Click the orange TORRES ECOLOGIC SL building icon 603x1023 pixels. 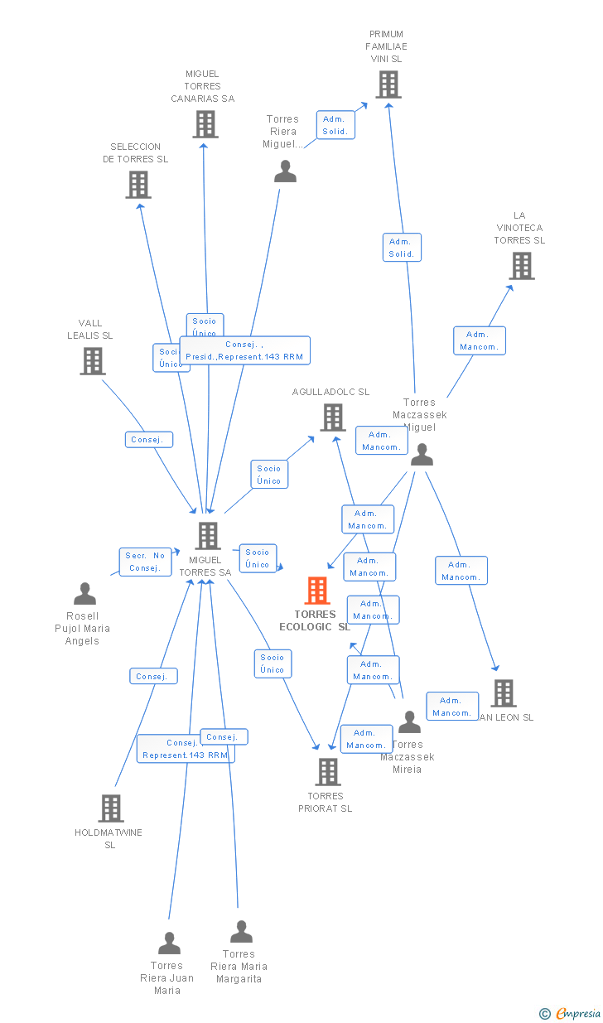(x=317, y=591)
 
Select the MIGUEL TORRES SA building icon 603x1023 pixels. (x=207, y=536)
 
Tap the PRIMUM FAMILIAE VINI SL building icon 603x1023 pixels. (x=388, y=84)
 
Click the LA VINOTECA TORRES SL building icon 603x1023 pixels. (x=521, y=266)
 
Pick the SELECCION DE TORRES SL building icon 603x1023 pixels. (x=138, y=185)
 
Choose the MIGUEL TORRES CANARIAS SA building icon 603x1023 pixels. (x=205, y=124)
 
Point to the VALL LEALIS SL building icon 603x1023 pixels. (x=92, y=361)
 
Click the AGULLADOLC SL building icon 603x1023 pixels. (x=332, y=417)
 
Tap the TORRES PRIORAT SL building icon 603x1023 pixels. (x=327, y=772)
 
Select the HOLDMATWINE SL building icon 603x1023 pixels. (x=111, y=808)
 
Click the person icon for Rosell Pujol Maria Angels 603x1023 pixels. (x=84, y=594)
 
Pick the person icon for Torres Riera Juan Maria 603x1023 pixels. (x=169, y=943)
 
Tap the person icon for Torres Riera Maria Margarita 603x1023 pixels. (x=241, y=932)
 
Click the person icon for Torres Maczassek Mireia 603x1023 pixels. (x=409, y=722)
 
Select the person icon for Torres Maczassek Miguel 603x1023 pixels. (x=422, y=455)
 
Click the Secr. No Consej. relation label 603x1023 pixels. (x=145, y=562)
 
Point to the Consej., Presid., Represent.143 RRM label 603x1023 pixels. (x=244, y=350)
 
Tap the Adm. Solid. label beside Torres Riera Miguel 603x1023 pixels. (x=335, y=125)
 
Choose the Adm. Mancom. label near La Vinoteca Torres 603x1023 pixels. (x=480, y=340)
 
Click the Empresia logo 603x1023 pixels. (x=571, y=1013)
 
